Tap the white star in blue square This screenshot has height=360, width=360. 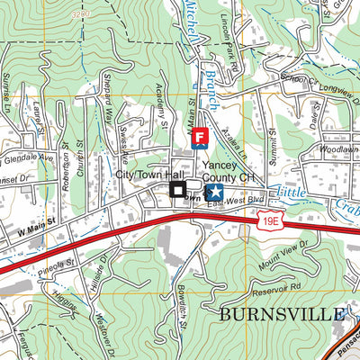(x=216, y=191)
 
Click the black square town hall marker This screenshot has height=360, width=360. (x=178, y=190)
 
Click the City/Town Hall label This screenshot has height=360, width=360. (x=149, y=174)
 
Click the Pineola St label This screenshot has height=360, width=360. (x=58, y=267)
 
